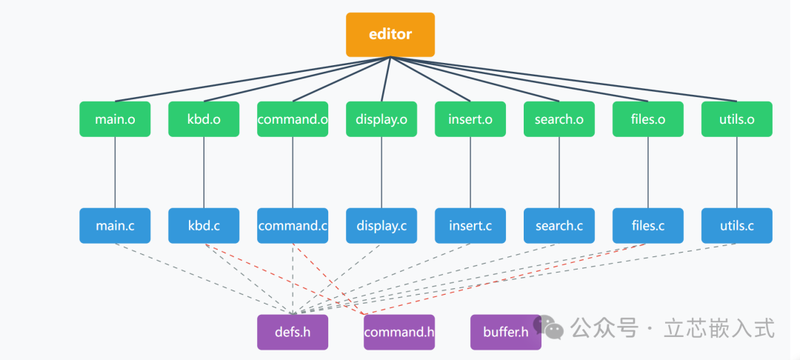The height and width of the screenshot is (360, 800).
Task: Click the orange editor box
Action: (390, 34)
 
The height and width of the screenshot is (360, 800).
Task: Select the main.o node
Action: (115, 119)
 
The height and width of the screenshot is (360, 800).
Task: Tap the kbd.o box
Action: (204, 119)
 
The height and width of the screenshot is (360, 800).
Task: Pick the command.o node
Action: (293, 119)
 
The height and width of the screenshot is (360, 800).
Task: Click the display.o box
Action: (381, 119)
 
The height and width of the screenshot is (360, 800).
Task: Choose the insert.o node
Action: (470, 119)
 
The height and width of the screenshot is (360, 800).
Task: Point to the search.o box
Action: (559, 119)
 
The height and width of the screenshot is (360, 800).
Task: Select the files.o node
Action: (648, 119)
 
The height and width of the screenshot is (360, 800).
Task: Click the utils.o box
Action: (737, 119)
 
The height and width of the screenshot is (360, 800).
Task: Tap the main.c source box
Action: (115, 226)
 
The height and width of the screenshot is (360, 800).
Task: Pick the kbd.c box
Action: (204, 226)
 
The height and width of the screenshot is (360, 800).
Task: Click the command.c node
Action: (293, 226)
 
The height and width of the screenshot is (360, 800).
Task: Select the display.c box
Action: (381, 226)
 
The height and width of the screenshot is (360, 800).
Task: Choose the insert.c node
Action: (470, 226)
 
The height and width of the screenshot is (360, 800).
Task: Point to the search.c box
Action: (559, 226)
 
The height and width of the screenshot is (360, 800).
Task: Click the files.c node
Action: (648, 226)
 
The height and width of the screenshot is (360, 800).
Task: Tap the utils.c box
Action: (737, 226)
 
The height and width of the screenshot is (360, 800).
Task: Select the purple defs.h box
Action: (293, 332)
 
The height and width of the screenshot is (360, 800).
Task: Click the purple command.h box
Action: (399, 332)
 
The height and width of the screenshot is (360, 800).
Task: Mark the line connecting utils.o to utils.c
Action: (737, 173)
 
